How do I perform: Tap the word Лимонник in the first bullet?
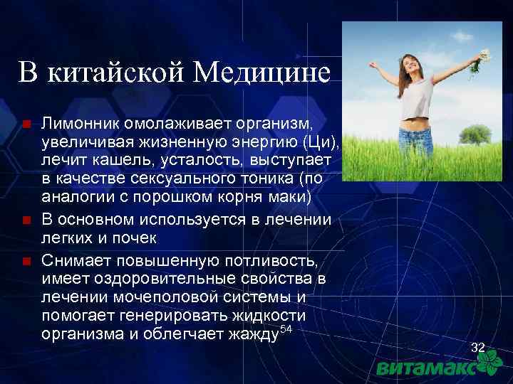[76, 124]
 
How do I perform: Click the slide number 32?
[478, 347]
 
